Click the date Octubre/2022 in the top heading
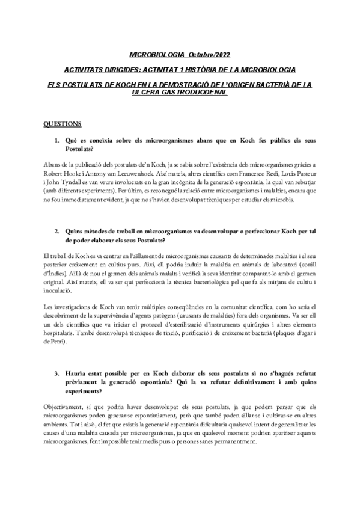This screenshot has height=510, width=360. click(x=210, y=55)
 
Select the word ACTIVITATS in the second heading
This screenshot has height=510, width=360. click(x=86, y=70)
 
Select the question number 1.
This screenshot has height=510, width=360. click(x=56, y=141)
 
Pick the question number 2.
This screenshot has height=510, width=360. click(x=56, y=230)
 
